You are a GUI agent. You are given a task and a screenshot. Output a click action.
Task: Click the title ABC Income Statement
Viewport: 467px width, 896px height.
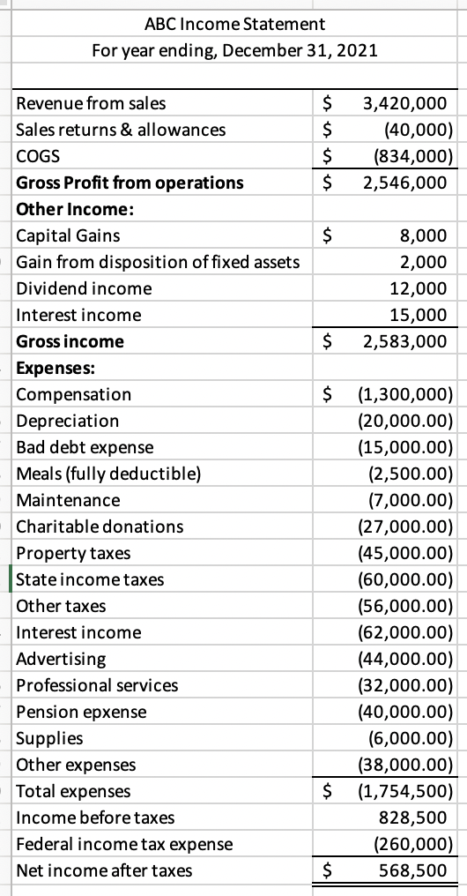[234, 23]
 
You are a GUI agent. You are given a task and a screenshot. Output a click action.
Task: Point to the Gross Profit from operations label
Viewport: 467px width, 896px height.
[130, 183]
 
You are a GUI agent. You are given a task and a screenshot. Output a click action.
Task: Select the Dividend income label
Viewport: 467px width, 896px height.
[85, 288]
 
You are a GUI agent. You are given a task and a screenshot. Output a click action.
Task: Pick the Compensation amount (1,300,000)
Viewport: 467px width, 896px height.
[404, 394]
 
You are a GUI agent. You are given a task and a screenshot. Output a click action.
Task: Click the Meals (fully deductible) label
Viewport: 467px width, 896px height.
[108, 474]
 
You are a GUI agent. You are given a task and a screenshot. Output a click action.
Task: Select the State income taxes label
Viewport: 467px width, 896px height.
[90, 579]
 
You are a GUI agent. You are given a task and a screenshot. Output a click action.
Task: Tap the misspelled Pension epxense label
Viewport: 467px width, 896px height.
[82, 712]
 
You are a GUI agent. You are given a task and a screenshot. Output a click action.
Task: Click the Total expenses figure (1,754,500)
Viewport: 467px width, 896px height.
[404, 791]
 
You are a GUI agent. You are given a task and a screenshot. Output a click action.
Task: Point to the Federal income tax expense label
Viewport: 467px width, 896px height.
[125, 844]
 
